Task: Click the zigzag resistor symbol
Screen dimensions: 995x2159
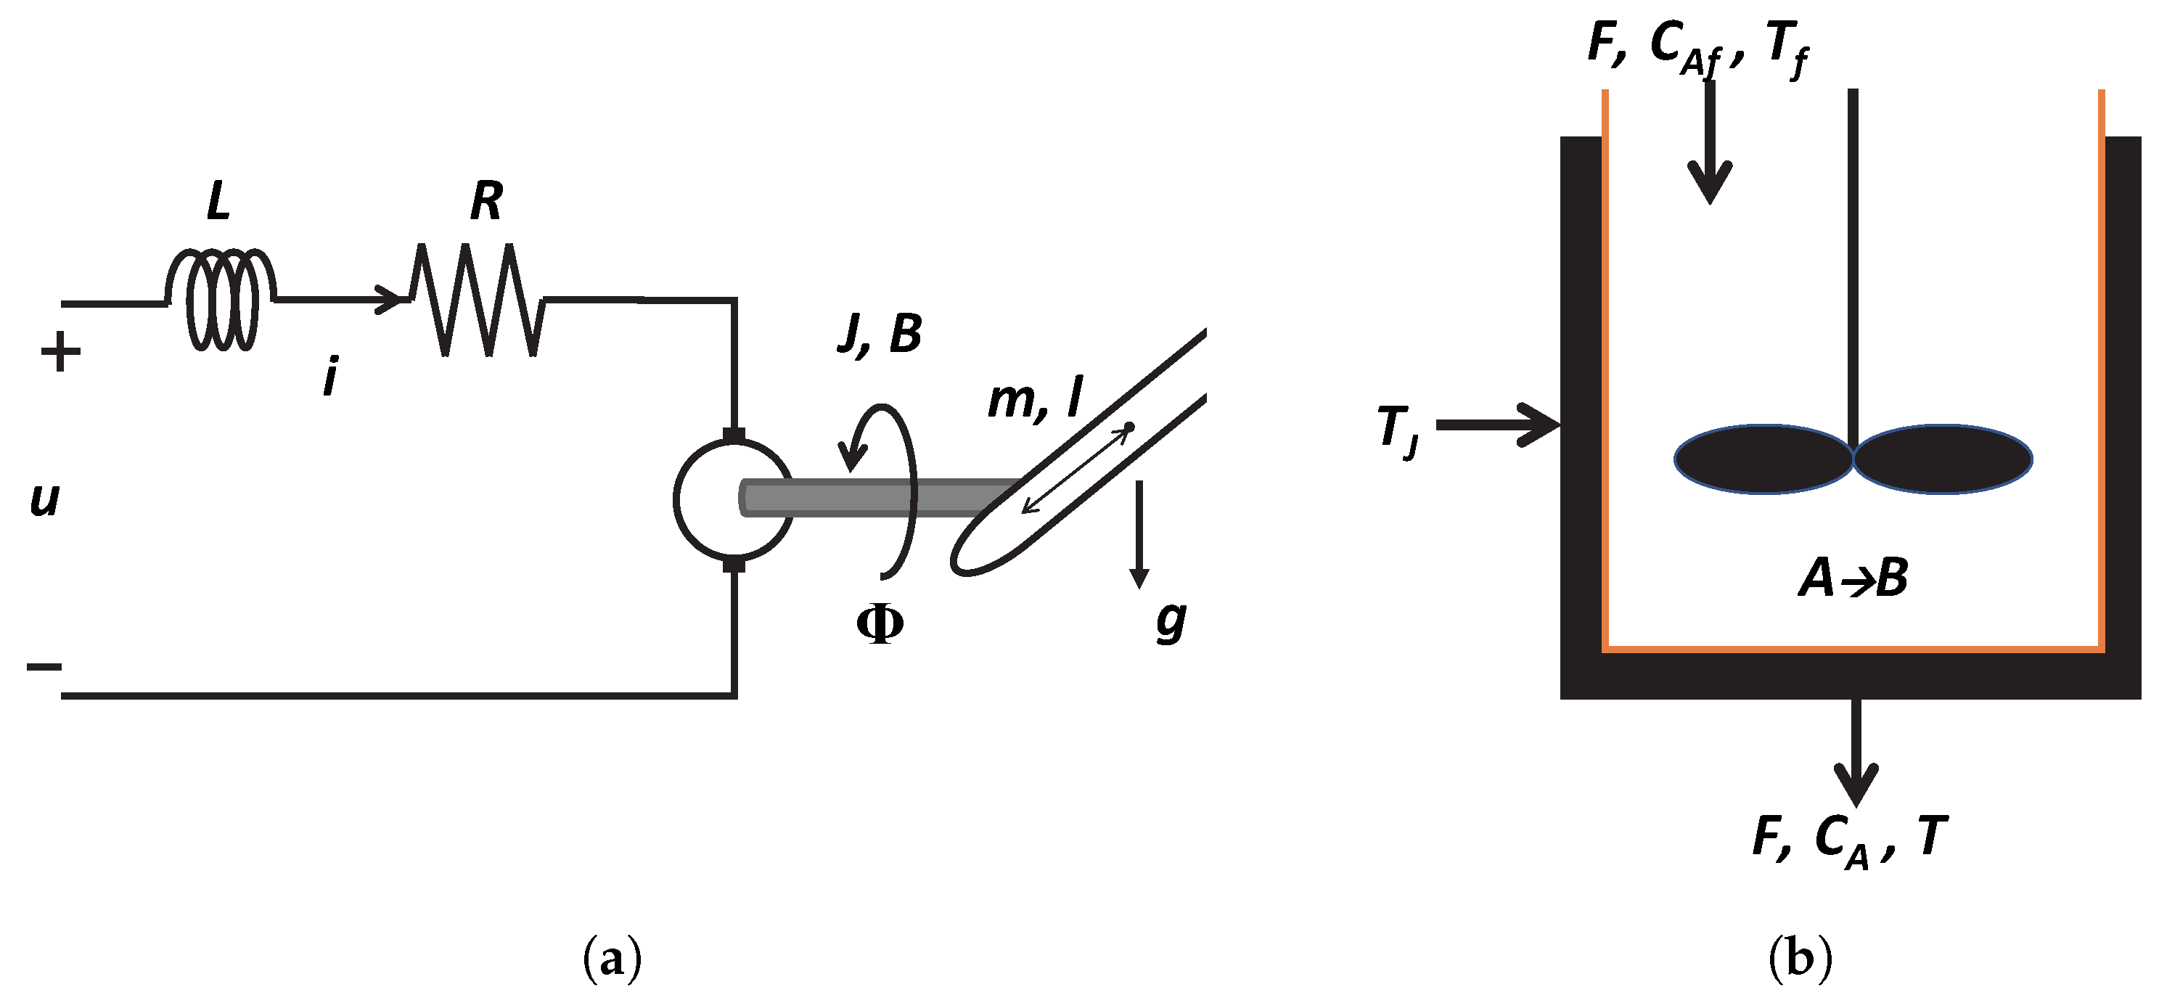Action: [476, 300]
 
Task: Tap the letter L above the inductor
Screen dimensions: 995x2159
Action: [218, 202]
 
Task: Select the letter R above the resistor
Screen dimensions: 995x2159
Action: [486, 202]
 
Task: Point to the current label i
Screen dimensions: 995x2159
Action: [331, 377]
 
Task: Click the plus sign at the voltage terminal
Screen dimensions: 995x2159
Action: [60, 352]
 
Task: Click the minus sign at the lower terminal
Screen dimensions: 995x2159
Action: [44, 667]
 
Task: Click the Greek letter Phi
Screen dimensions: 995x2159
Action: [879, 624]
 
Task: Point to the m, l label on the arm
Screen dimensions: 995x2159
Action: [1035, 399]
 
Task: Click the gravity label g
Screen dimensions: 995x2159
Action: [1170, 621]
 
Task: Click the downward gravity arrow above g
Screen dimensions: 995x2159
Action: [1138, 536]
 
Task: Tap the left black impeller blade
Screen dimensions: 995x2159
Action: [1763, 459]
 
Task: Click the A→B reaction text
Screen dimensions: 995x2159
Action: [1853, 578]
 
